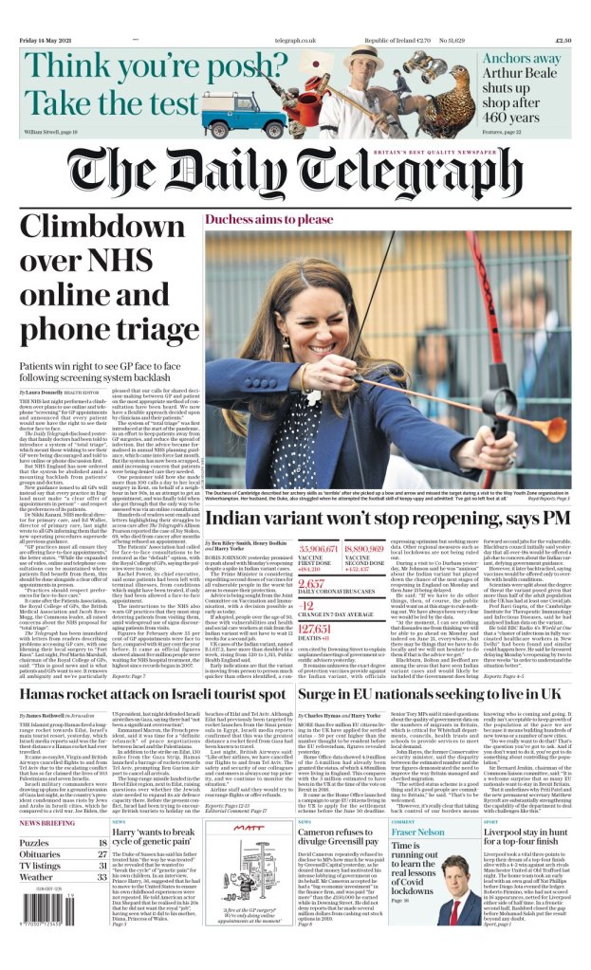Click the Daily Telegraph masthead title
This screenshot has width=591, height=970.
[x=295, y=173]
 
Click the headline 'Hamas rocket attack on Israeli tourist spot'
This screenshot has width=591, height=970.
[x=142, y=695]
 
